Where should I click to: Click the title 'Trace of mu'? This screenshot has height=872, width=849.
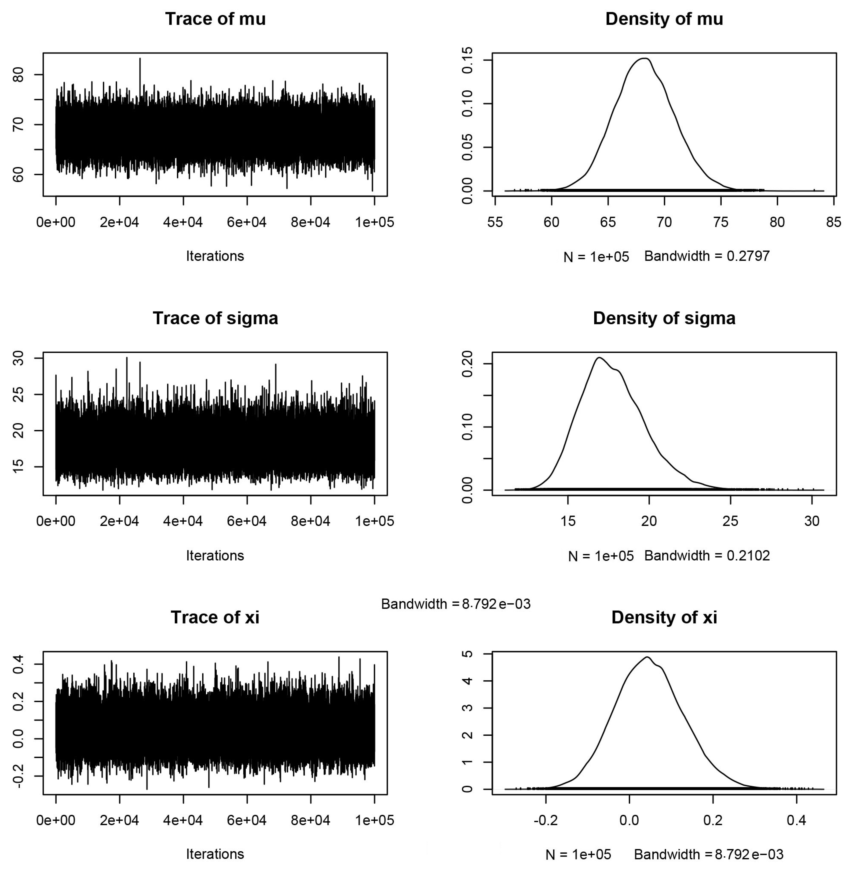point(215,19)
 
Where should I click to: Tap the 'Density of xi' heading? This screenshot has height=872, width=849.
point(664,617)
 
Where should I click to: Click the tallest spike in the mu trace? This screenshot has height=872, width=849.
point(140,59)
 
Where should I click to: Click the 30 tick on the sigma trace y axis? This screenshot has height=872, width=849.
point(19,358)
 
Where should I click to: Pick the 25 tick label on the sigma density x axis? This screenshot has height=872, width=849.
point(730,521)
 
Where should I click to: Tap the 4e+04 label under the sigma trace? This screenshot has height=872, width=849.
point(183,521)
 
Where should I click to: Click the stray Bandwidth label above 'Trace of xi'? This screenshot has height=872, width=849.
point(456,604)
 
